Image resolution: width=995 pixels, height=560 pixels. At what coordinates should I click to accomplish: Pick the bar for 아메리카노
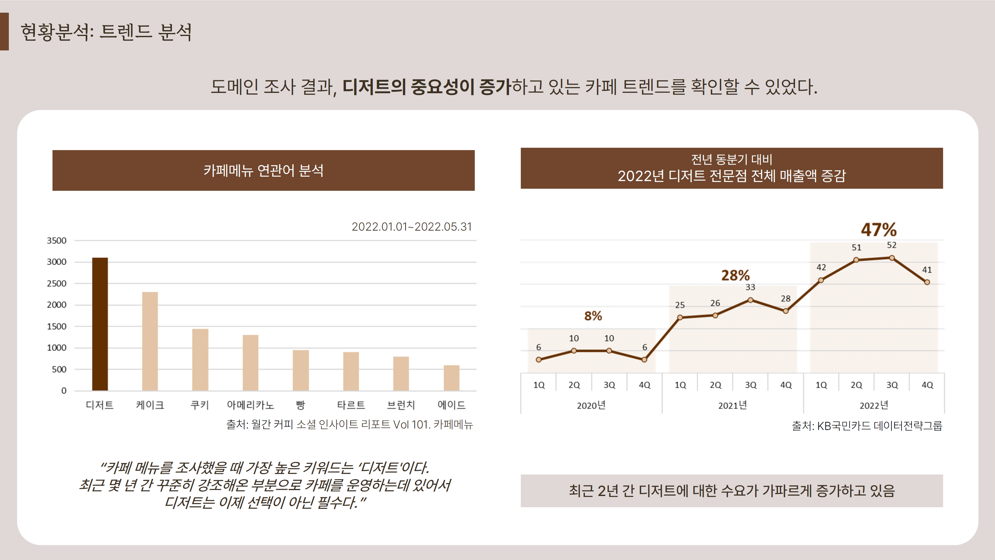(250, 363)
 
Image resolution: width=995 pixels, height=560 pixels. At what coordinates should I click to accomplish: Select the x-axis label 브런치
(401, 405)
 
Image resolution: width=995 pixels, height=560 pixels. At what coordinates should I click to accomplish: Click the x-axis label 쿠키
(200, 405)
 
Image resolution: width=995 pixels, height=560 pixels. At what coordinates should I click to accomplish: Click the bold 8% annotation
(593, 316)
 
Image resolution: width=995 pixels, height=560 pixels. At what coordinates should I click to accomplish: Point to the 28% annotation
(735, 275)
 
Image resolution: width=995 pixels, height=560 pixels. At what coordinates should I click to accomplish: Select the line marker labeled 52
(892, 258)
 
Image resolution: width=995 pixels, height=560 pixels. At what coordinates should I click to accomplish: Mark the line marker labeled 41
(927, 282)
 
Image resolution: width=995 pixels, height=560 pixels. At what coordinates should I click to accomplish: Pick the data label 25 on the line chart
(680, 305)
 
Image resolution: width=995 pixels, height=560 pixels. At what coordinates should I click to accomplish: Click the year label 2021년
(732, 405)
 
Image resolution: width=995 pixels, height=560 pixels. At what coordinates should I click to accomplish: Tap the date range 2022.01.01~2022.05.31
(412, 227)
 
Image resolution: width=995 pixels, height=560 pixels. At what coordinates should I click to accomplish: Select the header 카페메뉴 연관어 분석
(263, 170)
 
